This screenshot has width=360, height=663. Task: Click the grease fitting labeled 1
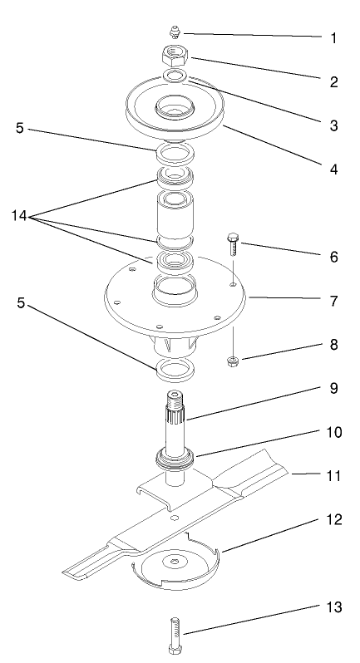tap(175, 32)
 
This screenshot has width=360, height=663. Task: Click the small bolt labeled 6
tap(233, 247)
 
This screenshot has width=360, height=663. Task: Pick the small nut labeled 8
tap(234, 361)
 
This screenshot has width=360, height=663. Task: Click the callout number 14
tap(20, 215)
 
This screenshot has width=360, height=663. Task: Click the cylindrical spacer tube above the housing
tap(175, 219)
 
